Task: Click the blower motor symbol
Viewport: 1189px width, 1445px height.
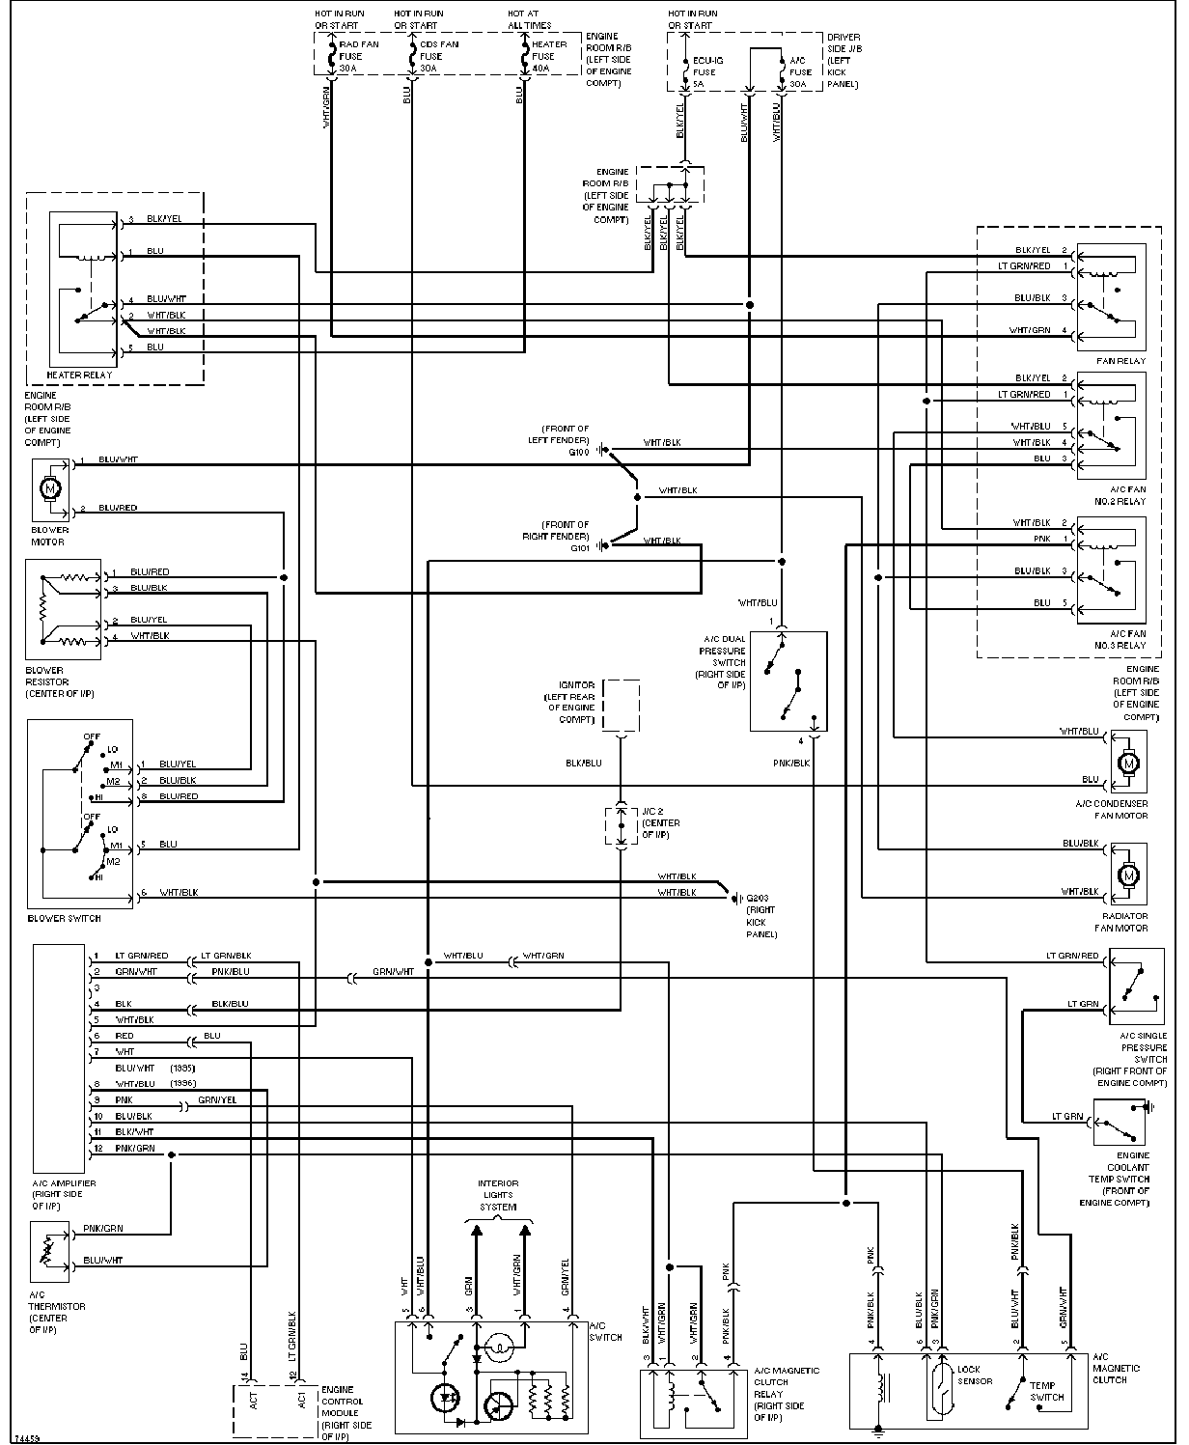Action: pos(48,488)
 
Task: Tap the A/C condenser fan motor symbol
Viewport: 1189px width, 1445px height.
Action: pos(1127,764)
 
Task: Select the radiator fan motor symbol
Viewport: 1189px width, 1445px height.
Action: pos(1127,875)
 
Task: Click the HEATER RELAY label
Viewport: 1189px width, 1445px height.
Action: pos(79,375)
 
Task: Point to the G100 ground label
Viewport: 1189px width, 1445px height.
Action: pos(579,451)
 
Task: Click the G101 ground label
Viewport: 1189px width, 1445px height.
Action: pos(579,547)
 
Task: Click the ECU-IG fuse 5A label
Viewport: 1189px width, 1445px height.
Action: pos(705,71)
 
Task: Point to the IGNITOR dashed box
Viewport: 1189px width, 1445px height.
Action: pos(621,706)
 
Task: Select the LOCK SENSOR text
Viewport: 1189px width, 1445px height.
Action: pos(969,1376)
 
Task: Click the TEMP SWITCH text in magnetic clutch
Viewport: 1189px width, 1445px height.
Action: pos(1046,1390)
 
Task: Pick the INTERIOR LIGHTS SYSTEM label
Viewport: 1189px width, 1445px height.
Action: pos(498,1195)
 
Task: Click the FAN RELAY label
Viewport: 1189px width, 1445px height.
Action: pos(1120,361)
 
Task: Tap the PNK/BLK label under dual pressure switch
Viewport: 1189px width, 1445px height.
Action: pos(791,763)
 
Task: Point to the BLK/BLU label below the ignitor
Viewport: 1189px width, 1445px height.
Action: pos(583,763)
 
